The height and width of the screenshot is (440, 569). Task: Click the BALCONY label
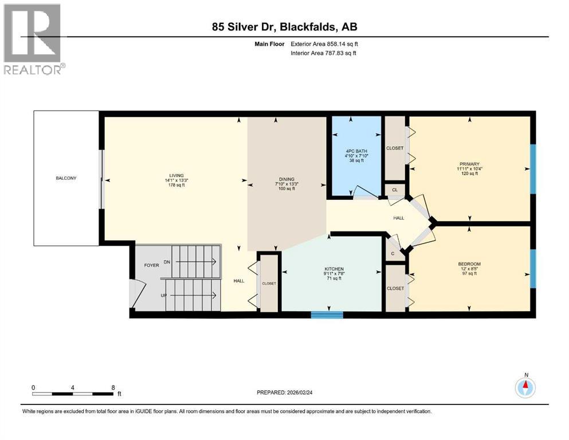pos(66,178)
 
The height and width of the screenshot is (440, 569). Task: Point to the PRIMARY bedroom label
pos(469,164)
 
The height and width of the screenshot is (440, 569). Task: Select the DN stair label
pos(167,262)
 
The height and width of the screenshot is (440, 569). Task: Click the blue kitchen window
pos(327,314)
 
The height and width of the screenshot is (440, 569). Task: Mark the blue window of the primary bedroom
pos(532,170)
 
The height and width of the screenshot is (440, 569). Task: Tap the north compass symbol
pos(525,387)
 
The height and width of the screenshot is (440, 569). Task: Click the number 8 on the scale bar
pos(112,387)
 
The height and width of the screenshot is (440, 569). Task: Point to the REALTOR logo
pos(33,39)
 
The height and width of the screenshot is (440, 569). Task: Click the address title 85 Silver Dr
pos(284,27)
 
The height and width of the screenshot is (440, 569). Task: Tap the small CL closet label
pos(394,190)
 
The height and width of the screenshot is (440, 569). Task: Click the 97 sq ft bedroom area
pos(468,274)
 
